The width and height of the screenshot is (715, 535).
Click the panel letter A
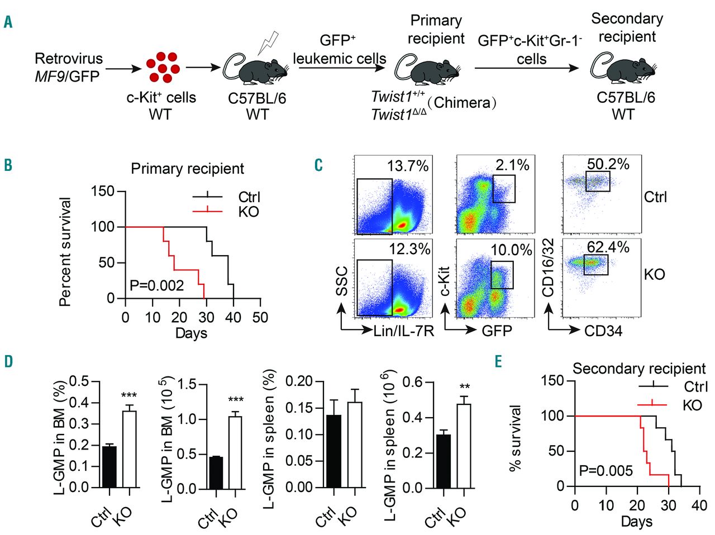(x=8, y=22)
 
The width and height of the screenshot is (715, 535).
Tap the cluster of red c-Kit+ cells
(x=163, y=67)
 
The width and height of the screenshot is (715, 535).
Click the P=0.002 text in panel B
(x=156, y=286)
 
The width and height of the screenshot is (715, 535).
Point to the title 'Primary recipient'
(x=187, y=169)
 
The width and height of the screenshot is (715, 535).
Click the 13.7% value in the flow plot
(x=408, y=166)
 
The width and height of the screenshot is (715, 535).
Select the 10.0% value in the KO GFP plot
(x=511, y=250)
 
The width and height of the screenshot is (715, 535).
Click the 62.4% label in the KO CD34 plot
(x=608, y=247)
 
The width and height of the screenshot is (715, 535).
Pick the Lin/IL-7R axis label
(x=404, y=331)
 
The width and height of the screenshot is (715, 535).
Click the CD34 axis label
(x=603, y=331)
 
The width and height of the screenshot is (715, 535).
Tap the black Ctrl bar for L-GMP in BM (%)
(x=109, y=467)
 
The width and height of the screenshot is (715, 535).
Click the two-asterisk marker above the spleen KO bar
(x=464, y=387)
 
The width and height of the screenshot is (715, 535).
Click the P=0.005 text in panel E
(x=606, y=471)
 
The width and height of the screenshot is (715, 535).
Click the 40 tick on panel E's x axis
(x=699, y=505)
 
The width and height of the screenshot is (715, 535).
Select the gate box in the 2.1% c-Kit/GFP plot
(x=504, y=188)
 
